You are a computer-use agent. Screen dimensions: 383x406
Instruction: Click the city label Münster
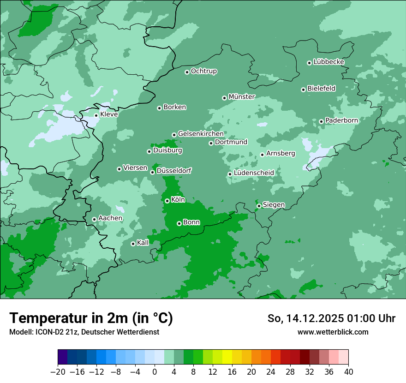[242, 97]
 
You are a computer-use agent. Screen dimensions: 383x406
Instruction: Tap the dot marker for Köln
[167, 201]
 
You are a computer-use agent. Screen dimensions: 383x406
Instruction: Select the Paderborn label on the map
[341, 120]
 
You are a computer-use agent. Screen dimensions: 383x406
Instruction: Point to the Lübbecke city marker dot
[309, 63]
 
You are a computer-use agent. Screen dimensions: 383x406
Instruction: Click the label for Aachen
[110, 218]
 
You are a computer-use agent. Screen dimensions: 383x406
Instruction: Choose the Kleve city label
[109, 114]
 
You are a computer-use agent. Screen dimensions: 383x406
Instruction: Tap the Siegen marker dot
[259, 206]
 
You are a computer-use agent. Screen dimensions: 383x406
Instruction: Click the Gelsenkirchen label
[201, 134]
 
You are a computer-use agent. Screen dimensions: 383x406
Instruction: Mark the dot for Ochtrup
[187, 72]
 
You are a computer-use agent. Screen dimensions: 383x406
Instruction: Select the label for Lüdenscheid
[254, 173]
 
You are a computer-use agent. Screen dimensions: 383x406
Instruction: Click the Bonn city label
[191, 222]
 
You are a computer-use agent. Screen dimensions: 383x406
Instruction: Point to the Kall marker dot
[133, 244]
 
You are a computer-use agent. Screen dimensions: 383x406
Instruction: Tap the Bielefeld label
[321, 89]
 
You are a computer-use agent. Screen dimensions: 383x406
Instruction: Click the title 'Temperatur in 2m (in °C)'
[91, 318]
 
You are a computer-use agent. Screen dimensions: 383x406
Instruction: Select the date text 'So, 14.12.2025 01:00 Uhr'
[331, 318]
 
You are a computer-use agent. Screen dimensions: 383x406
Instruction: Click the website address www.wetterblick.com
[333, 332]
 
